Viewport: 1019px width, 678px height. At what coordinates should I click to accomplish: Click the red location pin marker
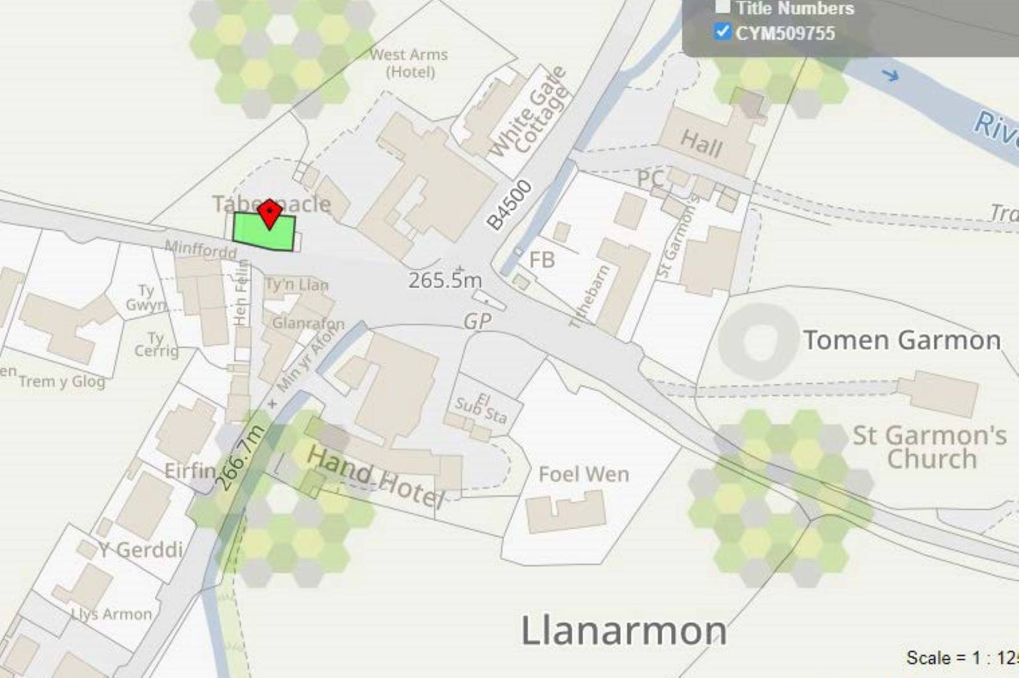(270, 213)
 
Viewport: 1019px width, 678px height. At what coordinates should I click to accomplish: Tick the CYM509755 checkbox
(722, 31)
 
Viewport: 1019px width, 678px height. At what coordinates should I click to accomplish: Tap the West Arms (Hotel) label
(409, 63)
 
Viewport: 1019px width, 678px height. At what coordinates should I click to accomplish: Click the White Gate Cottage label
(529, 112)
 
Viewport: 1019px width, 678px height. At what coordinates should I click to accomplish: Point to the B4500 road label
(509, 205)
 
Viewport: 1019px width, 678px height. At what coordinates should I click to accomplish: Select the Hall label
(701, 144)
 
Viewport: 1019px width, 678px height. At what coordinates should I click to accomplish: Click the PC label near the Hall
(650, 179)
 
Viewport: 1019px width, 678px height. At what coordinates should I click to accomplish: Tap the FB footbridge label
(542, 259)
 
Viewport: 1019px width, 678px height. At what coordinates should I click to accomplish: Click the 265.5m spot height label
(445, 280)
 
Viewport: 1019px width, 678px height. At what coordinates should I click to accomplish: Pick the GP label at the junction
(477, 321)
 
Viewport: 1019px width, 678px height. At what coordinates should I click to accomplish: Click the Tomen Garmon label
(902, 340)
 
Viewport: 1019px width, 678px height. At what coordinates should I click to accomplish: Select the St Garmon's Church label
(930, 446)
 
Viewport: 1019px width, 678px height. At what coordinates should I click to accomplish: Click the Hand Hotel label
(376, 476)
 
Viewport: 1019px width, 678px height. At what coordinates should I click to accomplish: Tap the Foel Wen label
(584, 475)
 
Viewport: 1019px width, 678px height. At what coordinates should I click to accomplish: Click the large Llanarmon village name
(624, 630)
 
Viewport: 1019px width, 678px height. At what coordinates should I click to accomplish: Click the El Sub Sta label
(481, 409)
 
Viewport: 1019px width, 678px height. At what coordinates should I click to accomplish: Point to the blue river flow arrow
(890, 76)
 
